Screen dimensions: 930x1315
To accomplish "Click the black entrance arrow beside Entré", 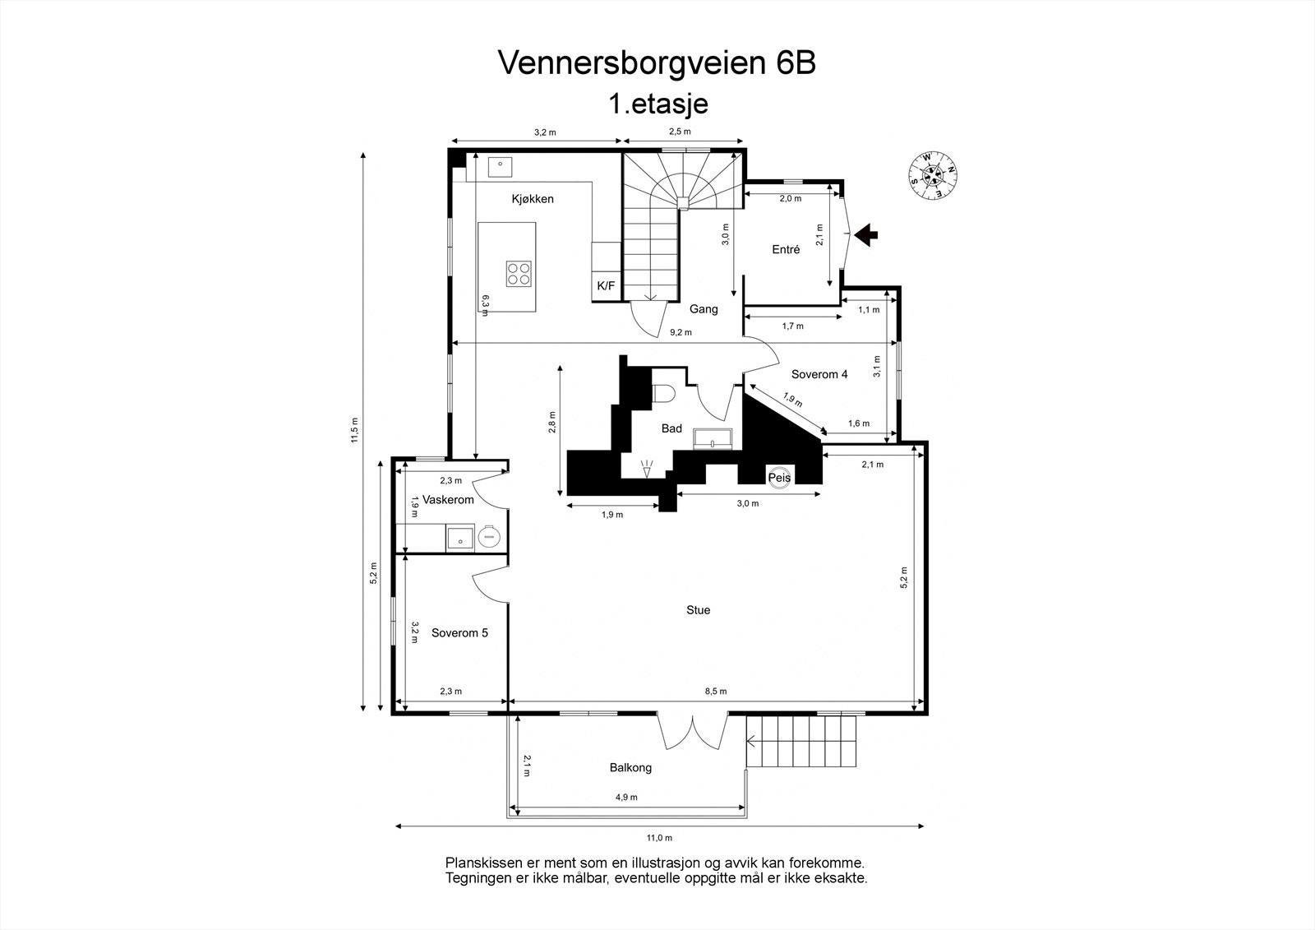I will pos(865,235).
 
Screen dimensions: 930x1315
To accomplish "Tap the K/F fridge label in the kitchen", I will pos(606,286).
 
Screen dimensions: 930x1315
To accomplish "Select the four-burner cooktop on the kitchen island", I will pos(519,272).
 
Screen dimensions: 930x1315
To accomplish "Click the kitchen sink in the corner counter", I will pos(500,165).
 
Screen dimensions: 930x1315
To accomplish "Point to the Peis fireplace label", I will pos(779,477).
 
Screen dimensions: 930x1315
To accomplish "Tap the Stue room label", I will pos(698,610).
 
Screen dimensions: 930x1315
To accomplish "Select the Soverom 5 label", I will pos(459,633).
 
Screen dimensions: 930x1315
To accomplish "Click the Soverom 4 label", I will pos(819,374).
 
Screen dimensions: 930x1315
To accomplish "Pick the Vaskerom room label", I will pos(448,500).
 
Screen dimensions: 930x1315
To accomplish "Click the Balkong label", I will pos(630,767).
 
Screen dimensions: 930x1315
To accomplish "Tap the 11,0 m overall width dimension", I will pos(658,838).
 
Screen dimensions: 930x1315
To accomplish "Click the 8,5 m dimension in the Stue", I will pos(715,692).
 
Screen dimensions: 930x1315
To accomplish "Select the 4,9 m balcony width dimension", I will pos(626,797).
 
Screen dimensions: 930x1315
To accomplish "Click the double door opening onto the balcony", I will pos(693,730).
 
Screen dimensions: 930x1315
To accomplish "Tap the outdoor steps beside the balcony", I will pos(802,740).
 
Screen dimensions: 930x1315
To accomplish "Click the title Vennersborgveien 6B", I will pos(657,63).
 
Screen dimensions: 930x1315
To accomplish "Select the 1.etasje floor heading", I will pos(657,104).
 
